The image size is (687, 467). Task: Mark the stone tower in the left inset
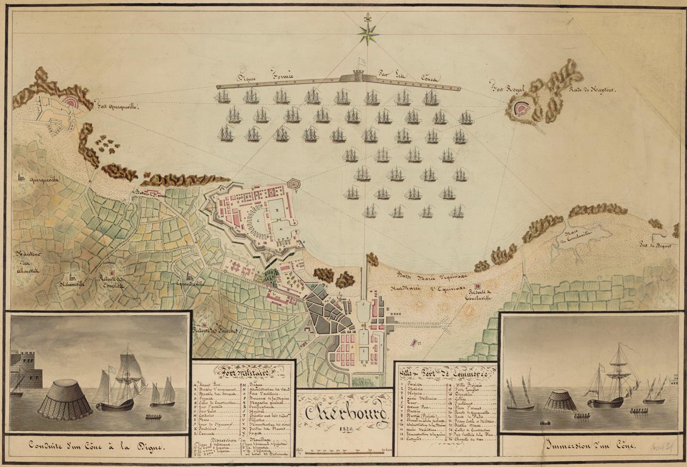(26, 369)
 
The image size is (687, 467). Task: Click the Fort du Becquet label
(654, 246)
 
